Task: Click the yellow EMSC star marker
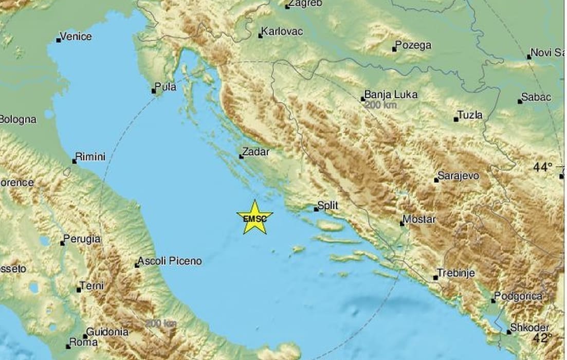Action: (254, 218)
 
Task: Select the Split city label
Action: (327, 205)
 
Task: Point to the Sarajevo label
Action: (459, 176)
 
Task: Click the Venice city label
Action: (76, 37)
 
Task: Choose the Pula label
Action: (166, 87)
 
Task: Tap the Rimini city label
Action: (90, 156)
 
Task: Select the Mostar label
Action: (419, 220)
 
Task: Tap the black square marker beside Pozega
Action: (394, 49)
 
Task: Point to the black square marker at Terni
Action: (79, 290)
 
